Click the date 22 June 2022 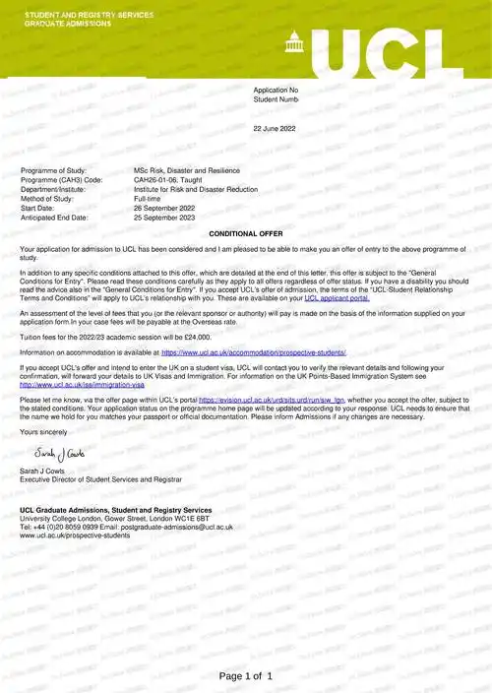pyautogui.click(x=275, y=129)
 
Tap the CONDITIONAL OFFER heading pyautogui.click(x=246, y=233)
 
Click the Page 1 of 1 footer pyautogui.click(x=246, y=676)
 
